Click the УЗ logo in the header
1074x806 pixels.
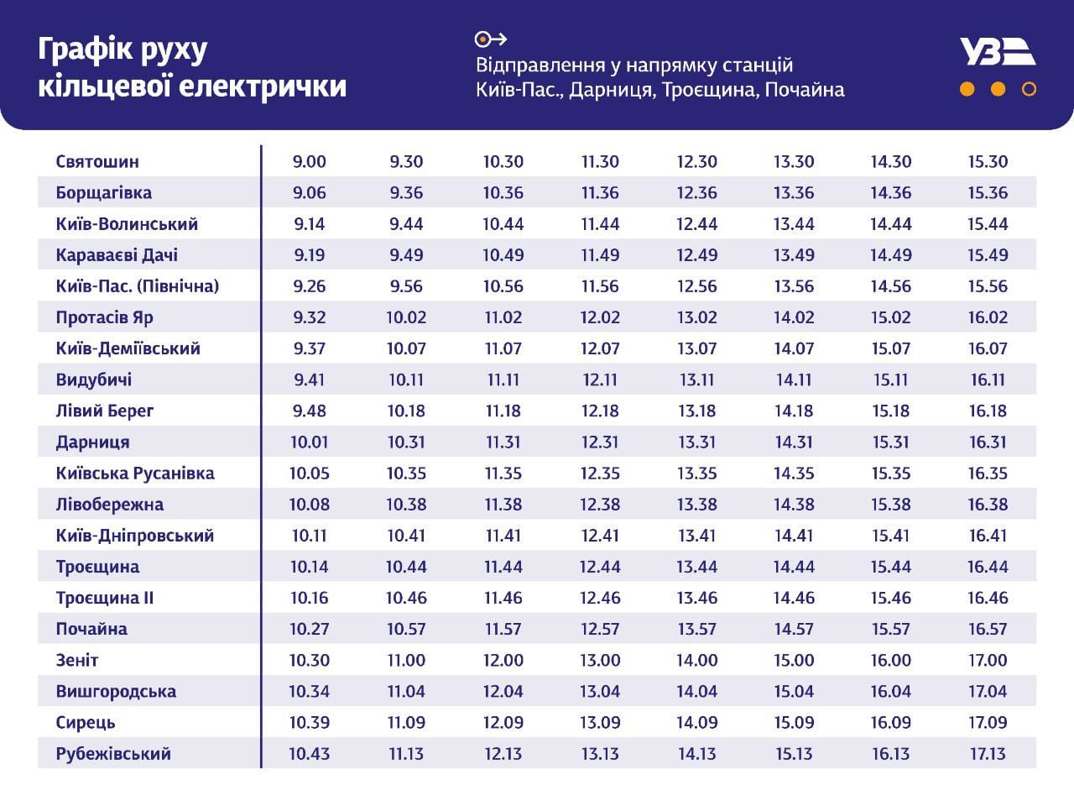(x=998, y=52)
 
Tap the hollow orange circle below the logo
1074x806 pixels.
(x=1029, y=89)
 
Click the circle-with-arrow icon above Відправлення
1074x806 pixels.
(x=491, y=39)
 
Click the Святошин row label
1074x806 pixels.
(x=97, y=161)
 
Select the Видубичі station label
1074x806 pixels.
(x=94, y=379)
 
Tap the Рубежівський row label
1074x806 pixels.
(x=113, y=753)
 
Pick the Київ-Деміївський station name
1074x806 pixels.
(x=128, y=348)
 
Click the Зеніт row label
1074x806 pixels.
(x=77, y=660)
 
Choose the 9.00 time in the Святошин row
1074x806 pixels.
(x=309, y=161)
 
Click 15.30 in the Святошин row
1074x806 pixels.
(x=988, y=161)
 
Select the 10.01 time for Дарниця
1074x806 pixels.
(x=309, y=442)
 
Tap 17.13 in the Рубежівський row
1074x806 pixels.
(x=988, y=753)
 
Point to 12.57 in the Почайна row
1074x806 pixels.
(x=600, y=629)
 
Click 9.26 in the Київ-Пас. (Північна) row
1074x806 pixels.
(x=309, y=286)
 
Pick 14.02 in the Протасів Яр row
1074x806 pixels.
(x=794, y=317)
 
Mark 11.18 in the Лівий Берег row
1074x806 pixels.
(x=503, y=411)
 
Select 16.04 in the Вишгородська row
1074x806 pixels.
(x=890, y=691)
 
